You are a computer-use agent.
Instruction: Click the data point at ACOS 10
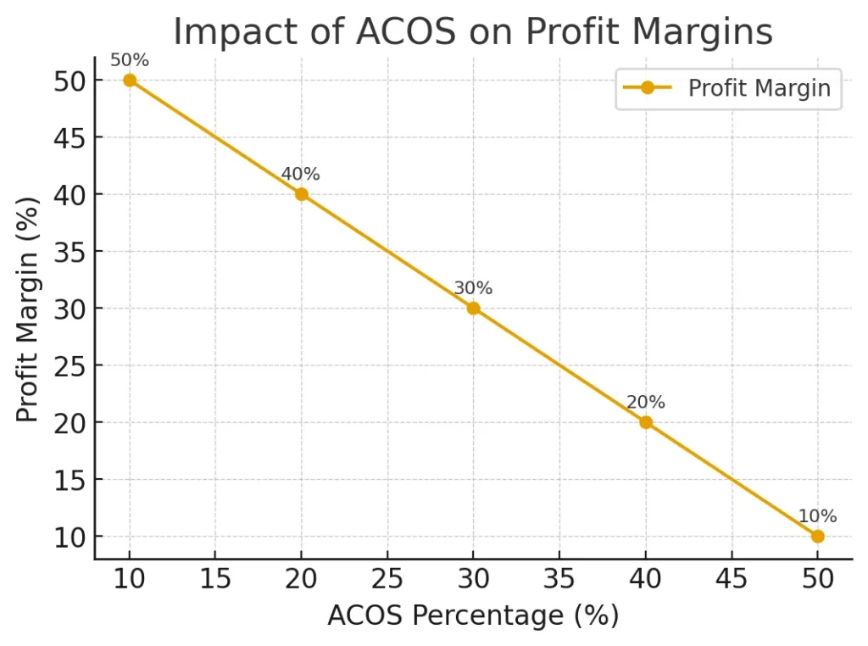click(130, 80)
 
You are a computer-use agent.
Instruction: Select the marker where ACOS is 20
click(301, 194)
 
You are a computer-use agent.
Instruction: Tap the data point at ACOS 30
click(473, 308)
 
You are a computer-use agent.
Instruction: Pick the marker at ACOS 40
click(645, 422)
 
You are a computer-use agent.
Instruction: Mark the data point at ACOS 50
click(817, 536)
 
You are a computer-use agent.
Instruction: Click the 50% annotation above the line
click(130, 60)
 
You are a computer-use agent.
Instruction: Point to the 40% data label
click(301, 175)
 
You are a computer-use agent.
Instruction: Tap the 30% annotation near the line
click(473, 288)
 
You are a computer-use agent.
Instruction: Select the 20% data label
click(645, 403)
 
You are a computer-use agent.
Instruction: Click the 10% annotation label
click(817, 516)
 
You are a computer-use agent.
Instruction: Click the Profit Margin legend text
click(759, 88)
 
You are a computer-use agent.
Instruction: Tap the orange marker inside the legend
click(647, 88)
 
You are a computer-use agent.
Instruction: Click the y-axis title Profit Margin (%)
click(28, 309)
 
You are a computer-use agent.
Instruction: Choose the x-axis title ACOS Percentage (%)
click(473, 615)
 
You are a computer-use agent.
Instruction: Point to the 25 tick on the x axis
click(387, 580)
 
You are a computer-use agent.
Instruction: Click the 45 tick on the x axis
click(731, 580)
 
